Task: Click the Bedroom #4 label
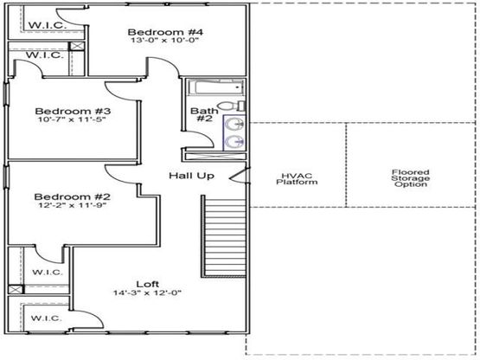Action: pos(165,32)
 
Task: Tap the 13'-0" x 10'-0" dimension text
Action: pos(165,40)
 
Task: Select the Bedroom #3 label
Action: pos(73,111)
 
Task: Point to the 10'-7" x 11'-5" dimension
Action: pos(72,119)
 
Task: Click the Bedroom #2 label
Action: pos(73,196)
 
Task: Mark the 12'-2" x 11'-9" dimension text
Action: pos(73,205)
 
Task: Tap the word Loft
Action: pos(148,284)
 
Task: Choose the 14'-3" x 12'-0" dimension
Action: pos(148,292)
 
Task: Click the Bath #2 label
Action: pos(204,114)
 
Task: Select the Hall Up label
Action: pos(192,176)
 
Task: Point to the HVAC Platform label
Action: pos(297,179)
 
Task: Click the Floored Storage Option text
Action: pos(411,178)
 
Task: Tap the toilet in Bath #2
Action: pos(232,106)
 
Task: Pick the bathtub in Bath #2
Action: pos(216,87)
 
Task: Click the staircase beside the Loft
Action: pos(224,236)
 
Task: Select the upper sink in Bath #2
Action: pos(234,124)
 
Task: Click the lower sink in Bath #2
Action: pos(234,142)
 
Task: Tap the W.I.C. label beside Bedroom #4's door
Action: pos(48,25)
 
